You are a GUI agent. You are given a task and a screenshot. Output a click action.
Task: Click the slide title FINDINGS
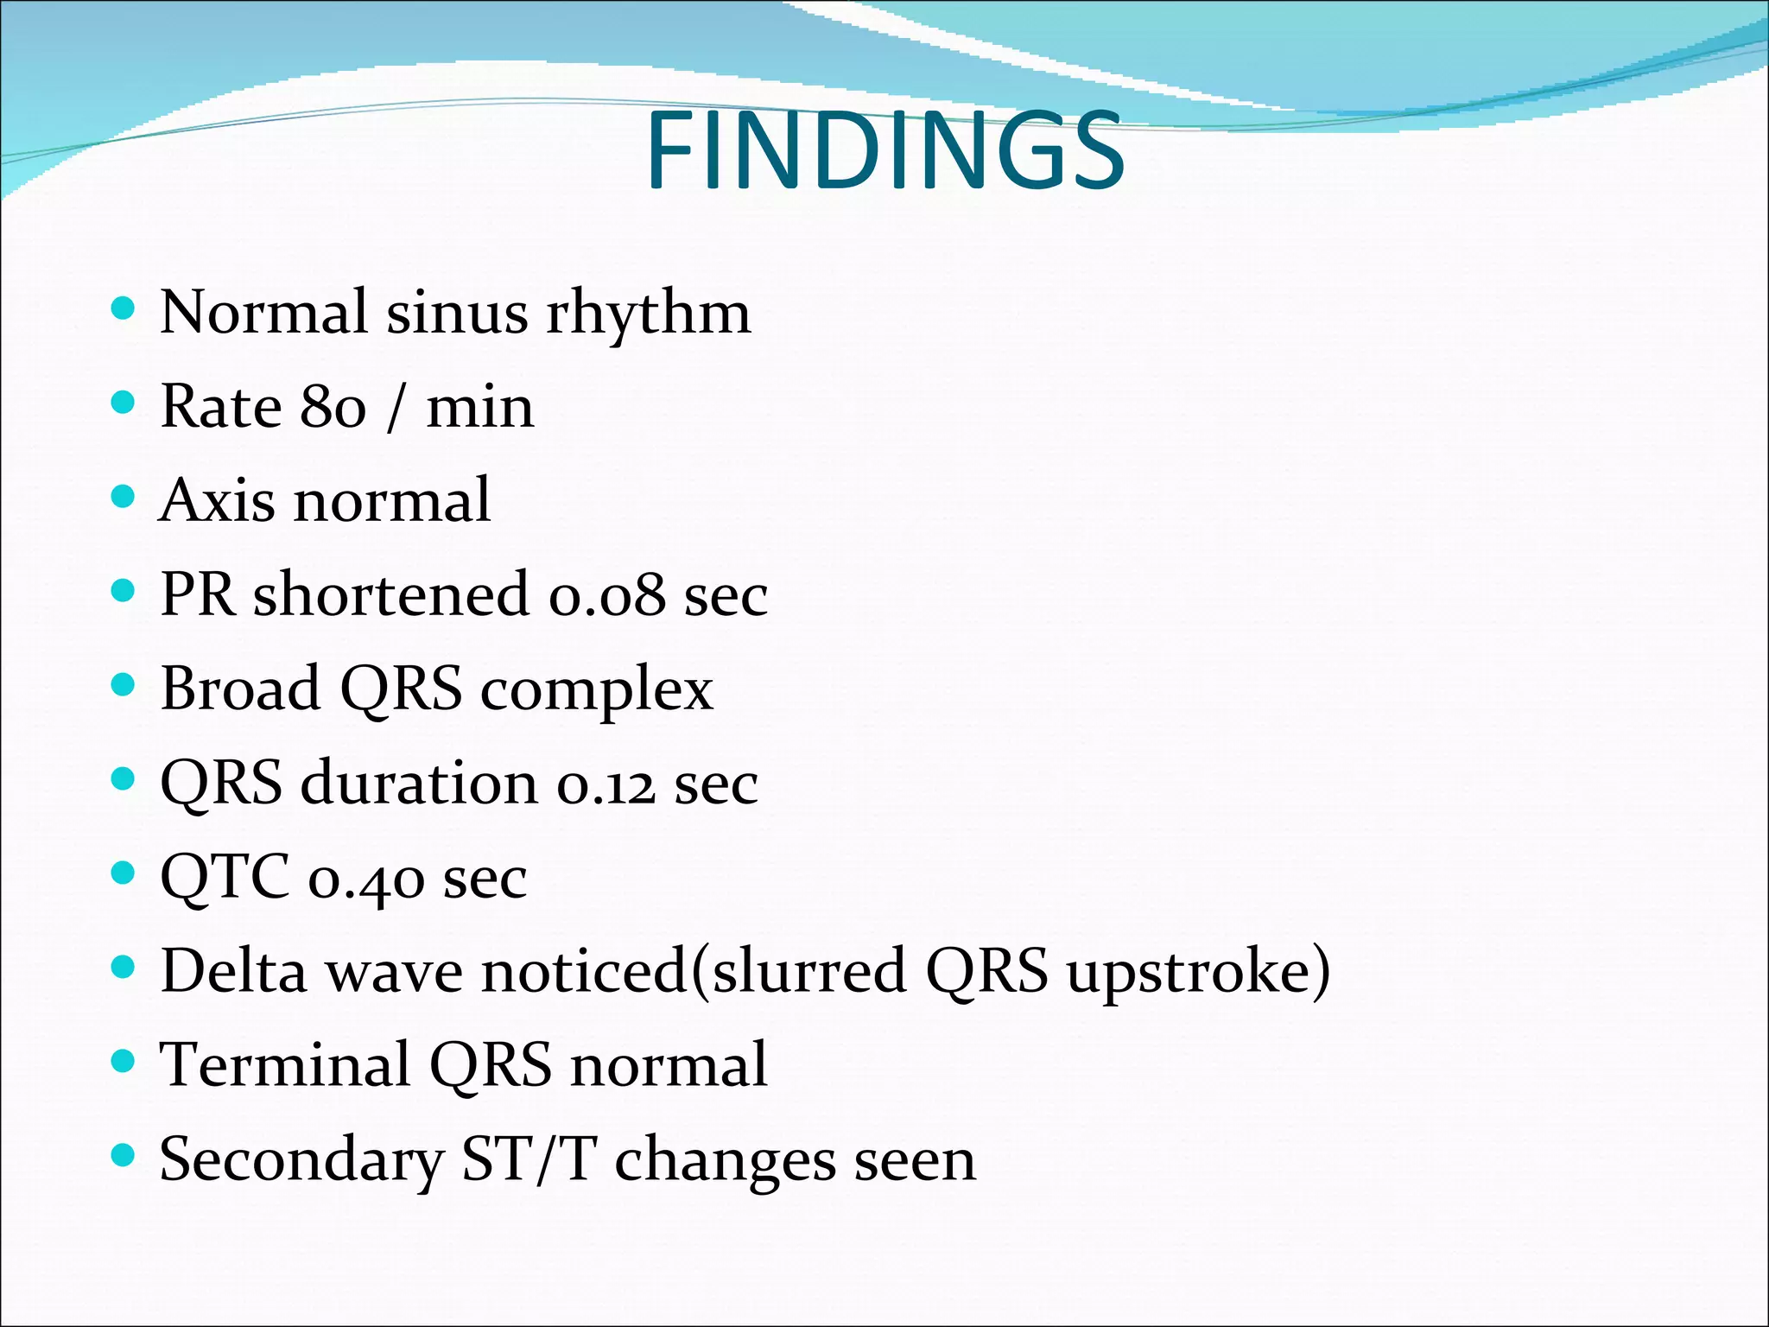(x=884, y=152)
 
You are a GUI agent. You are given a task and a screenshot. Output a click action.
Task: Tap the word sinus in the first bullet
(x=456, y=313)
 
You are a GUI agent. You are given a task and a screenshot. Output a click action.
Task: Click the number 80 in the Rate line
(x=333, y=407)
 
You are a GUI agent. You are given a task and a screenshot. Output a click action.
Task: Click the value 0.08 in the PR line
(x=607, y=595)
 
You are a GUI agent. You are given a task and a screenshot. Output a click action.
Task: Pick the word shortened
(x=390, y=595)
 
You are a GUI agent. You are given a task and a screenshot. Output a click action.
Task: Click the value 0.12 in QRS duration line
(x=606, y=784)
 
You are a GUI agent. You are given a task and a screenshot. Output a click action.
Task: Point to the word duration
(x=419, y=784)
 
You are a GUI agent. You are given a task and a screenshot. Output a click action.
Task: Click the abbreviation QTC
(x=225, y=878)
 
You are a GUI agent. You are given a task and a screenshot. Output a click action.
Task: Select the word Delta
(x=234, y=972)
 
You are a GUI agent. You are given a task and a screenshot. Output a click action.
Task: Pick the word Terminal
(x=285, y=1065)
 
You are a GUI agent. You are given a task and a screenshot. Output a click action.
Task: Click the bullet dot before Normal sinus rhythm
(x=124, y=308)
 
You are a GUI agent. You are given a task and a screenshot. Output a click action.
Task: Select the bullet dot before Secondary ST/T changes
(x=124, y=1155)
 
